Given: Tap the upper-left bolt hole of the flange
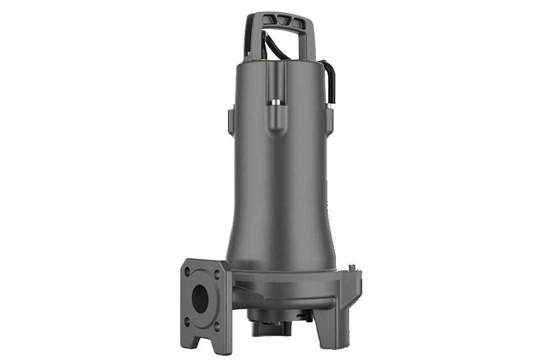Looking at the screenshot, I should (187, 271).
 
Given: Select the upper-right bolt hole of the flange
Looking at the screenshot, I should (217, 274).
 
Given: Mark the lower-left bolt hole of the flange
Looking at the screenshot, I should (187, 322).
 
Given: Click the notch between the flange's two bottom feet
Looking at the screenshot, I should (202, 343).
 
